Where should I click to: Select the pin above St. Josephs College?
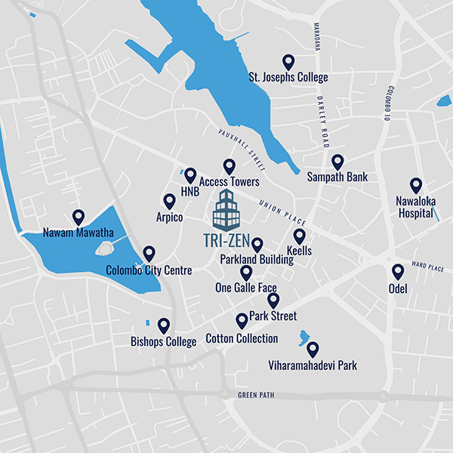point(288,61)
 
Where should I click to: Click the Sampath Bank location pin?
point(337,162)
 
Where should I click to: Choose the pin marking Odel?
point(398,272)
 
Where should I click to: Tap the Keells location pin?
point(300,236)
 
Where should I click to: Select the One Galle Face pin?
point(246,273)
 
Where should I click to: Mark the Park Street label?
point(273,316)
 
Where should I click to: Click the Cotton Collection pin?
point(242,321)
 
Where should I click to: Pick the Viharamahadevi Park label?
point(313,366)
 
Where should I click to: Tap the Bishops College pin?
point(163,325)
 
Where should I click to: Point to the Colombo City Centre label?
point(149,270)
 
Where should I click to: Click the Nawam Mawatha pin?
point(78,217)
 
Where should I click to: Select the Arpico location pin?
point(169,201)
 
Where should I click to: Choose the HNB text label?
point(190,193)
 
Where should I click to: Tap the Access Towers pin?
point(230,166)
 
